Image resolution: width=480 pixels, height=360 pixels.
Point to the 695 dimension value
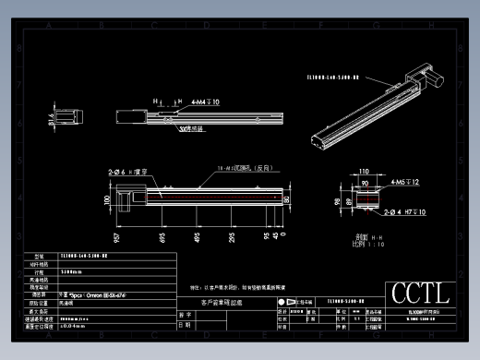click(x=163, y=239)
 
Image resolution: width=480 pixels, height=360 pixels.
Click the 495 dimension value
click(x=197, y=239)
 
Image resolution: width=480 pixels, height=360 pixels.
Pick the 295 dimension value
click(x=232, y=239)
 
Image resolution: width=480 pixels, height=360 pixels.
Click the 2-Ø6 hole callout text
click(x=126, y=172)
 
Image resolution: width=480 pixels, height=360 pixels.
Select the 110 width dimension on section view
click(x=364, y=173)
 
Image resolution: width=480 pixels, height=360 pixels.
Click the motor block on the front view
click(x=129, y=194)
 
